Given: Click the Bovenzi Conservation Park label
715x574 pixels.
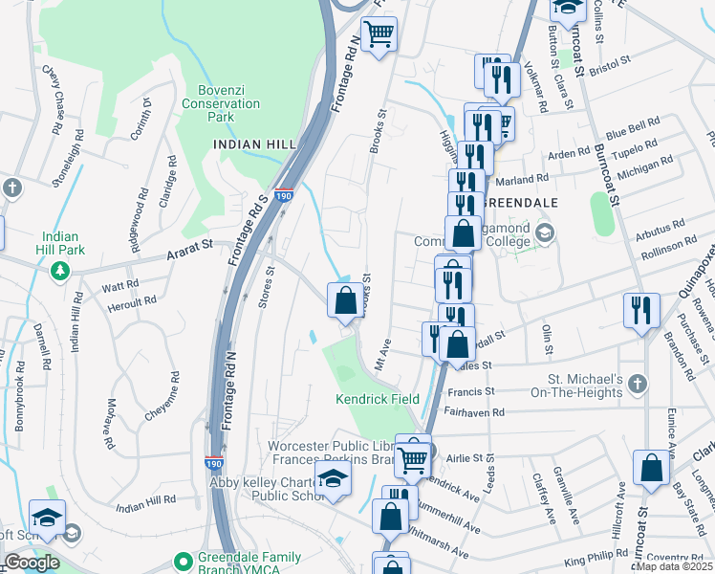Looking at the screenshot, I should [x=222, y=103].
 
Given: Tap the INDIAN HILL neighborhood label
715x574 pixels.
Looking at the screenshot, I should [x=254, y=143].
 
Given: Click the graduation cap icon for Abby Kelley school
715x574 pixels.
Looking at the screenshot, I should [x=332, y=480].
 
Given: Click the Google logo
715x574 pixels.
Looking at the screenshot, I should [x=32, y=563].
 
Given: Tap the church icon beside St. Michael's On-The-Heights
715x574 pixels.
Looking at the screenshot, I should [x=638, y=384].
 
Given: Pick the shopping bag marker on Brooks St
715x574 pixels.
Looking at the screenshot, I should [x=346, y=300].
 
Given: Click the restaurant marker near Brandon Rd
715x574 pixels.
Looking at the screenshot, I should [x=641, y=310].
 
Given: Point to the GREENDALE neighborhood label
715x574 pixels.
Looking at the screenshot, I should [x=522, y=203].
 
